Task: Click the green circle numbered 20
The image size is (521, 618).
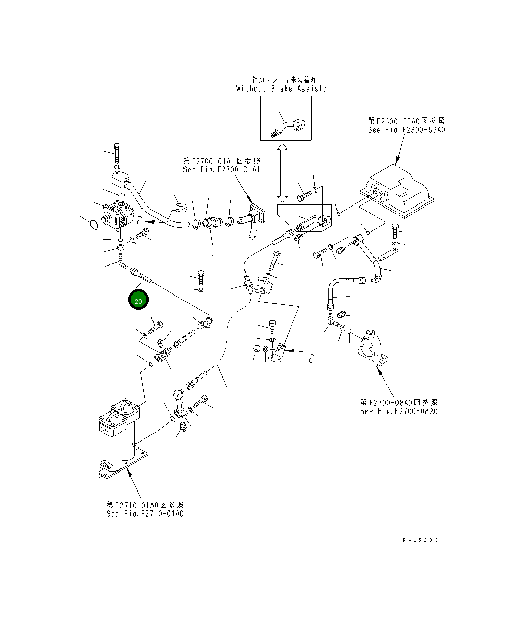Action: [138, 300]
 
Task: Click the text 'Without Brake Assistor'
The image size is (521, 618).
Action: [283, 89]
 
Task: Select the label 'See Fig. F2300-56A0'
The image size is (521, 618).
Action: [406, 130]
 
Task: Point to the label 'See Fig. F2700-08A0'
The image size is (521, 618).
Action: [399, 411]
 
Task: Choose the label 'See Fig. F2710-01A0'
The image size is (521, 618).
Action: [145, 513]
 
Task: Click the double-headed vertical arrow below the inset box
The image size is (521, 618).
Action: [283, 171]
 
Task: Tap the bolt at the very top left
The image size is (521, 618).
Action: [117, 152]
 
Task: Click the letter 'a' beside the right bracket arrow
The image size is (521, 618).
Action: [312, 359]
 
